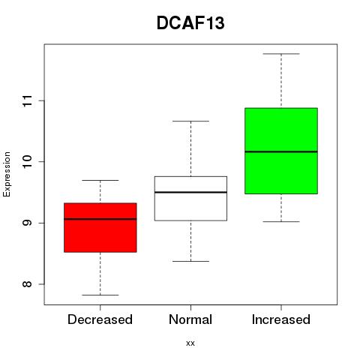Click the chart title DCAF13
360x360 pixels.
[x=190, y=23]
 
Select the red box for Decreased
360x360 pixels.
[x=100, y=227]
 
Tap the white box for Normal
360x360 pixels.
[x=190, y=199]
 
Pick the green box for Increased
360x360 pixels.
[x=281, y=151]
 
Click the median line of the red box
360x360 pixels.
[x=100, y=219]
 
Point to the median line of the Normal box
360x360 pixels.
[x=190, y=192]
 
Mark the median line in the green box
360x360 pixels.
[x=281, y=151]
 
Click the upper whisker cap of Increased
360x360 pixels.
[x=281, y=54]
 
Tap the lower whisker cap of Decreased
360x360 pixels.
[x=100, y=295]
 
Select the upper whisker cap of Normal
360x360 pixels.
[x=190, y=121]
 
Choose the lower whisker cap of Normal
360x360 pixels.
[x=190, y=261]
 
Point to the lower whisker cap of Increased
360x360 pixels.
[x=281, y=221]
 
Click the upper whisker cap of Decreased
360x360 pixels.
[x=100, y=180]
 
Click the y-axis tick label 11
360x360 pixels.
[x=28, y=100]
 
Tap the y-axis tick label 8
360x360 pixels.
[x=28, y=284]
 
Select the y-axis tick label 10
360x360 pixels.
[x=28, y=162]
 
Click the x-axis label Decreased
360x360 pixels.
[x=100, y=319]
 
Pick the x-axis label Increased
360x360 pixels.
[x=281, y=319]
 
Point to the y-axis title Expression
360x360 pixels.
[x=7, y=174]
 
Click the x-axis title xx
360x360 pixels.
[x=190, y=343]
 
